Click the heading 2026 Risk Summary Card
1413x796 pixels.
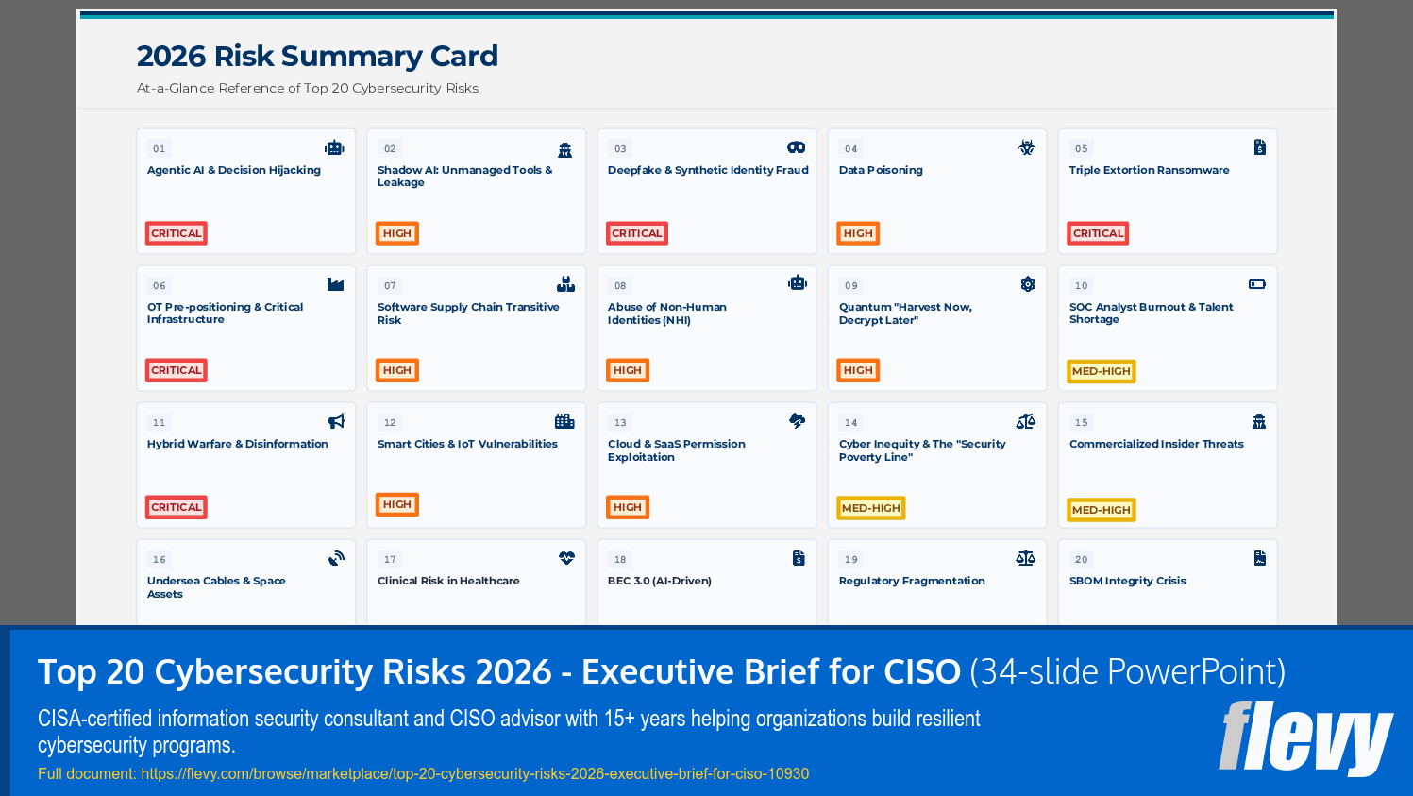(x=317, y=57)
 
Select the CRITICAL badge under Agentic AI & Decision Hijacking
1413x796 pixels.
(x=177, y=233)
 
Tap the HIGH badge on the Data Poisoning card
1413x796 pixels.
(x=858, y=233)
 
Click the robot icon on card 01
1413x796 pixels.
(x=334, y=147)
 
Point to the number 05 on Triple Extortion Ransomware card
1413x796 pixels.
(x=1082, y=149)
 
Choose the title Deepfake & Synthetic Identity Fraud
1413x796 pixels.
(x=708, y=171)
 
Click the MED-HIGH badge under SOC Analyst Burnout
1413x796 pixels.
(x=1101, y=371)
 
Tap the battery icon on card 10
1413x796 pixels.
(x=1257, y=284)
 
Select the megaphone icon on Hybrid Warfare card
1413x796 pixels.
(x=336, y=421)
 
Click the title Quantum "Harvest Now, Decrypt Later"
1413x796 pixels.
(x=904, y=313)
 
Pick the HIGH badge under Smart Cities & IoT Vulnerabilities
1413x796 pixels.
(x=397, y=505)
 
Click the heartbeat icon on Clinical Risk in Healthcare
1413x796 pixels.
(x=566, y=558)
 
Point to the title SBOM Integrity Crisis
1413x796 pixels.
(x=1127, y=582)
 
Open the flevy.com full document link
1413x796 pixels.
(x=475, y=774)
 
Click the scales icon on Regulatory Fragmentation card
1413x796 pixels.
(x=1026, y=558)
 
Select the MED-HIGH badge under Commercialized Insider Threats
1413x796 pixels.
(x=1101, y=510)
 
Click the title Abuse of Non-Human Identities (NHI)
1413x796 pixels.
(x=666, y=313)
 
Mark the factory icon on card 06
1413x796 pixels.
(x=335, y=284)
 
